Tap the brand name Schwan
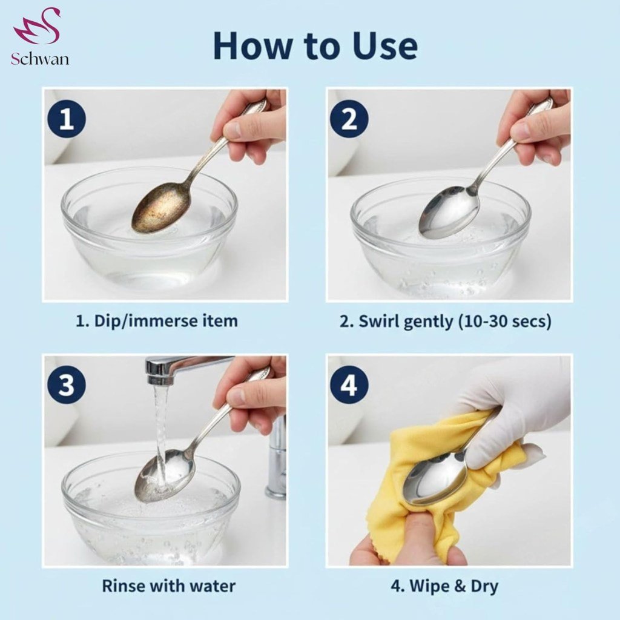pos(40,59)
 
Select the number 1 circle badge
pos(67,118)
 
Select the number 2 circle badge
pos(349,118)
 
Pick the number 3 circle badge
pos(67,384)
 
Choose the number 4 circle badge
pos(349,384)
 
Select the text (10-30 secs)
pos(504,322)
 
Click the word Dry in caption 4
pos(484,586)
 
